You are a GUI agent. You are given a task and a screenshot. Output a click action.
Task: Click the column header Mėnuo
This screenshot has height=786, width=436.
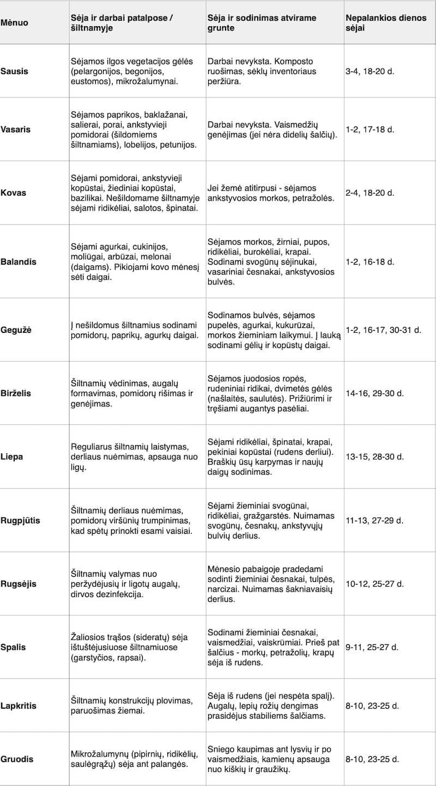pyautogui.click(x=14, y=23)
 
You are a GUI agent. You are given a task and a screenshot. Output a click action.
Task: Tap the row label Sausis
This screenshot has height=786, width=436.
pyautogui.click(x=14, y=71)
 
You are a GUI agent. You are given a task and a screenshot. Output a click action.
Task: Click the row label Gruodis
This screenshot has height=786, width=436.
pyautogui.click(x=18, y=759)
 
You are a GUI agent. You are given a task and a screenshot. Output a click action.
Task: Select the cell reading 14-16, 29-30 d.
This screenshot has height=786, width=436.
pyautogui.click(x=377, y=393)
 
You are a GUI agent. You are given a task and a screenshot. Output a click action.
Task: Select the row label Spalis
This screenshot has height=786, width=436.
pyautogui.click(x=14, y=648)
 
